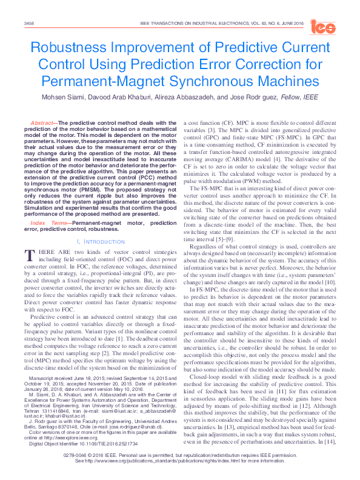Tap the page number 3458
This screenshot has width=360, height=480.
tap(28, 23)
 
